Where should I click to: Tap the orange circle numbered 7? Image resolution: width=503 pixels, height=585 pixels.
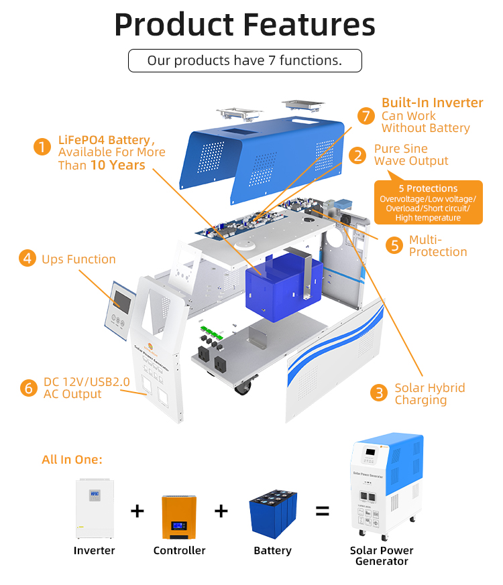365,116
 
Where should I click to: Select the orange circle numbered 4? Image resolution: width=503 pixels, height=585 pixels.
26,259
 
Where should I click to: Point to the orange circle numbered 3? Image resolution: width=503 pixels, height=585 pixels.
379,393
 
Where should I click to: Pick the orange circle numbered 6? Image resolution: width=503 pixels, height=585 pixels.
27,388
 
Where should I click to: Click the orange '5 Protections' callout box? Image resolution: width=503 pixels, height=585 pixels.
428,202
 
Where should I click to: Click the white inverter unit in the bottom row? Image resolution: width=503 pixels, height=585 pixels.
95,507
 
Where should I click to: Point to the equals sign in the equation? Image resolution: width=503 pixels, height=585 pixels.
323,512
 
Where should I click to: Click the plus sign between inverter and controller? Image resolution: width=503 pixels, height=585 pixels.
137,511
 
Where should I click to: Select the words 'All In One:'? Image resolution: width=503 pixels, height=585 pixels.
72,460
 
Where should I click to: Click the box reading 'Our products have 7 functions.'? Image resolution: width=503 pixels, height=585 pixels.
245,61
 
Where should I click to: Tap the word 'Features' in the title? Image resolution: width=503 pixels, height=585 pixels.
309,25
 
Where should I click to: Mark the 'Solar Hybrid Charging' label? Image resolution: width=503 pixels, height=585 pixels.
429,393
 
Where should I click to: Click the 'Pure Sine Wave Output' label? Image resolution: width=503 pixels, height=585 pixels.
410,155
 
